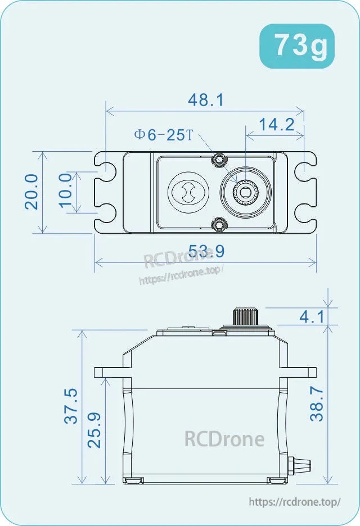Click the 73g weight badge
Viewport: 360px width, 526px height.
click(x=296, y=47)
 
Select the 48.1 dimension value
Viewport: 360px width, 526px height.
click(x=205, y=100)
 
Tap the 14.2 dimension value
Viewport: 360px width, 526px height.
click(x=276, y=124)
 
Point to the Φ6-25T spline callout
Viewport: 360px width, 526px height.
click(x=163, y=135)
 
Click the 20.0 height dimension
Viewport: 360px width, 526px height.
click(x=32, y=191)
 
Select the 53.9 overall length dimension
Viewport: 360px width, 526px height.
click(x=206, y=251)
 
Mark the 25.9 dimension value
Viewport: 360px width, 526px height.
click(x=95, y=430)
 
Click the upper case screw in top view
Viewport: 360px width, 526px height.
click(x=219, y=160)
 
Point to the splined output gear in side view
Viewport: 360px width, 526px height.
click(x=245, y=316)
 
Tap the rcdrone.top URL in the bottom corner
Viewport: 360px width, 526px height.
click(x=294, y=502)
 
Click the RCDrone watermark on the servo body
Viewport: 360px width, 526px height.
click(x=224, y=438)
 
